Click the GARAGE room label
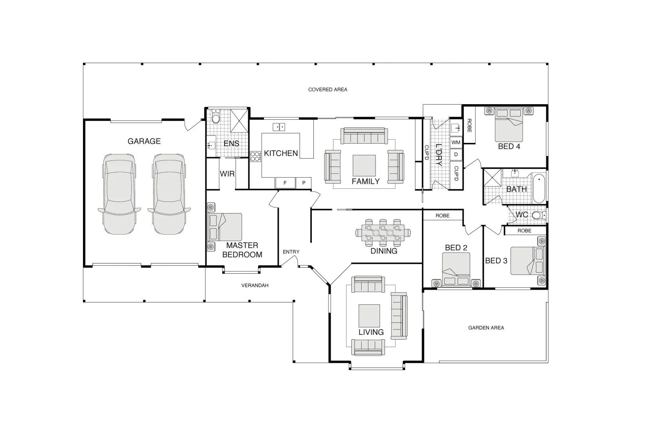(144, 141)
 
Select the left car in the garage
(119, 194)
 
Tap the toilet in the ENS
(216, 117)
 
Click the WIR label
(227, 174)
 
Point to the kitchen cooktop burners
(255, 156)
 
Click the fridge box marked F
(285, 183)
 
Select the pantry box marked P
(304, 183)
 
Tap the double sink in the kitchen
(279, 127)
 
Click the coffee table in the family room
(364, 166)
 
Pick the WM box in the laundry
(456, 142)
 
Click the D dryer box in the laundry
(456, 154)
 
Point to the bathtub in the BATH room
(539, 188)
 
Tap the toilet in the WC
(538, 215)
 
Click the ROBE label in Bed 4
(469, 126)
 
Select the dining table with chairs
(383, 232)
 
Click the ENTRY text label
(291, 252)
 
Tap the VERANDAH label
(255, 285)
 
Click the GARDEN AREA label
(486, 328)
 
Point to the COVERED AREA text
(327, 90)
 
